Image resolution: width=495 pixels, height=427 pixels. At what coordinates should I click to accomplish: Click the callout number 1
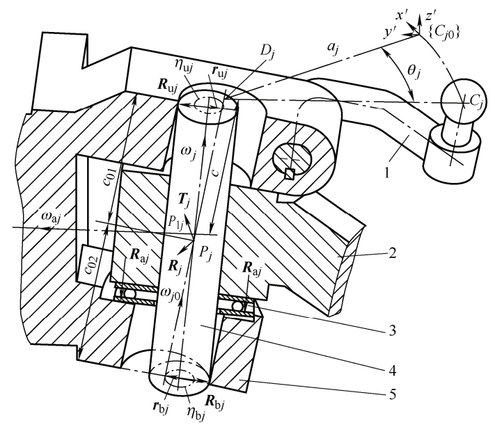pyautogui.click(x=387, y=172)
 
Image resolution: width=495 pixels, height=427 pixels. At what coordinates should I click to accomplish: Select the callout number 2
pyautogui.click(x=392, y=252)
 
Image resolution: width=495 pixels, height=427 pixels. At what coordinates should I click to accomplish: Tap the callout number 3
pyautogui.click(x=392, y=330)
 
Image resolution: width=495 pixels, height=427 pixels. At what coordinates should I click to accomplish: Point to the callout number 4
pyautogui.click(x=392, y=370)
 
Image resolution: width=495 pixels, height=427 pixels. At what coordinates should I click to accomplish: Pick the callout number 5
pyautogui.click(x=392, y=394)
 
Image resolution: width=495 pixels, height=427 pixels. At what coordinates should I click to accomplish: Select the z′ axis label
pyautogui.click(x=430, y=16)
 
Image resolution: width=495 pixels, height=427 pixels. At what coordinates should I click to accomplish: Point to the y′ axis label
pyautogui.click(x=389, y=33)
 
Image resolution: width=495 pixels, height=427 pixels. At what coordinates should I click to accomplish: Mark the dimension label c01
pyautogui.click(x=113, y=178)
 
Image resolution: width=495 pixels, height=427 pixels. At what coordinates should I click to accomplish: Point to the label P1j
pyautogui.click(x=175, y=223)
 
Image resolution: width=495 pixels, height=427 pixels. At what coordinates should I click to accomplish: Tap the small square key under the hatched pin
pyautogui.click(x=290, y=173)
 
